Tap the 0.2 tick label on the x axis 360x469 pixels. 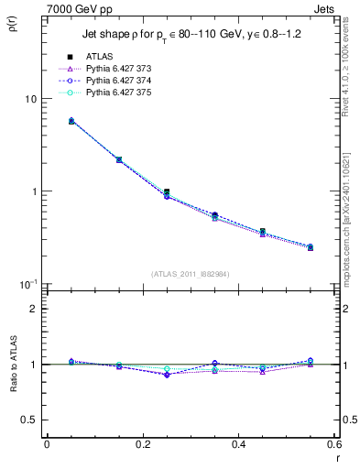(x=142, y=444)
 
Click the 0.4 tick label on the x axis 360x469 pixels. (x=239, y=444)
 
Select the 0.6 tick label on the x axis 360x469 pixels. (x=333, y=444)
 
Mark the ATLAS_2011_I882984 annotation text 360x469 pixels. (x=191, y=273)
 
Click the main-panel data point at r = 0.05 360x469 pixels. (x=71, y=121)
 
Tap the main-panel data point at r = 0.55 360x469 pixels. (x=311, y=247)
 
